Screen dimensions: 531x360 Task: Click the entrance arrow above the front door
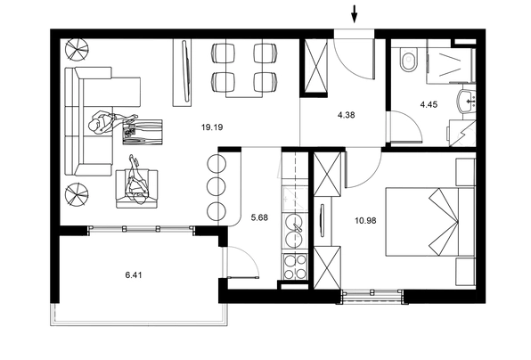click(355, 14)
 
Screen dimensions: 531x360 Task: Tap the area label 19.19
click(212, 127)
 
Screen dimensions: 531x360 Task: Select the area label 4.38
click(346, 115)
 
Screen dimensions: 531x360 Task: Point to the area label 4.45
click(429, 104)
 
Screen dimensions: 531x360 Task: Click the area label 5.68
click(259, 217)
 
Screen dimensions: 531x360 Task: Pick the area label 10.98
click(365, 221)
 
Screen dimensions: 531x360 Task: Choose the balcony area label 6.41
click(134, 275)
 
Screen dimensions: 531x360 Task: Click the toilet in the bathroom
click(408, 60)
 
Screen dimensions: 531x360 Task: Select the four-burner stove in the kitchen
click(294, 266)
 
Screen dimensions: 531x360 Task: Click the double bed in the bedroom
click(430, 222)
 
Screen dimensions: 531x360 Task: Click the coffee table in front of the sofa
click(143, 132)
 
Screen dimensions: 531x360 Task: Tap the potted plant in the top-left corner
click(77, 50)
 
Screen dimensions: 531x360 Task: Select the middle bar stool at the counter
click(216, 186)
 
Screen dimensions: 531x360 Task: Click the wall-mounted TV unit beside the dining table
click(183, 72)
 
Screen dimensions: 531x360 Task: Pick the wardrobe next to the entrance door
click(315, 66)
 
